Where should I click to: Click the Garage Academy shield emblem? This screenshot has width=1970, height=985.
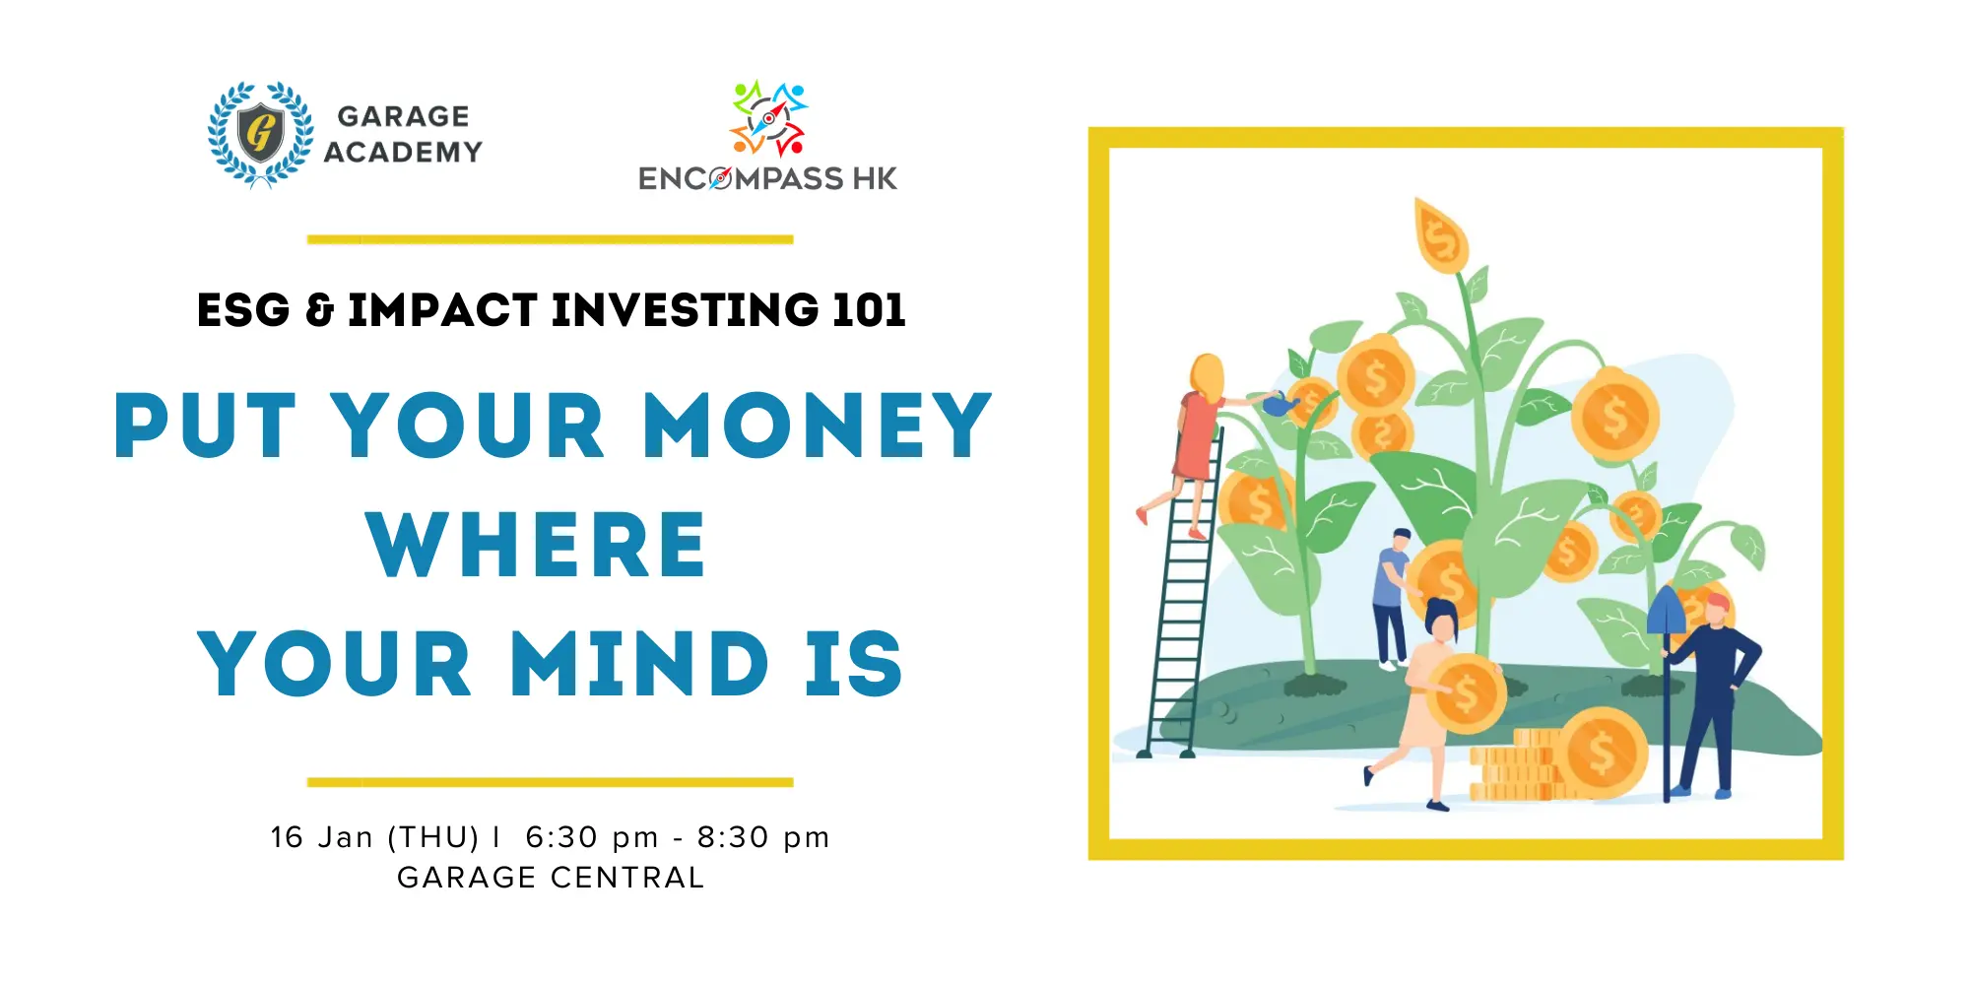point(261,134)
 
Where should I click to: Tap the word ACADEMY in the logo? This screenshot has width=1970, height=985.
point(404,152)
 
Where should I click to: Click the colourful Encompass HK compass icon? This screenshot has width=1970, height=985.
point(769,119)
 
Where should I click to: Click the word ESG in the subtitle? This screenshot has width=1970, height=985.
point(243,310)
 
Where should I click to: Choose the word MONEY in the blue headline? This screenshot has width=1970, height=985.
point(817,426)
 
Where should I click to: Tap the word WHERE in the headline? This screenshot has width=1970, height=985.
point(537,544)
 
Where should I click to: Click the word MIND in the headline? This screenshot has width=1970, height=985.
point(639,663)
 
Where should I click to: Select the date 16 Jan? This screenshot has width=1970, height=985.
point(322,837)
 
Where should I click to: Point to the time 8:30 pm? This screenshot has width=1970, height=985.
point(763,838)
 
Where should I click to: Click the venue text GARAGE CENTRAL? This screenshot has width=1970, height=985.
point(551,878)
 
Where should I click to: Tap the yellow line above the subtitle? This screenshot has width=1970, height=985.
point(550,239)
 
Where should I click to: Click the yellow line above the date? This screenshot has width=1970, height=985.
point(550,783)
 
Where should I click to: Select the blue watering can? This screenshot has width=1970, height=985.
point(1280,403)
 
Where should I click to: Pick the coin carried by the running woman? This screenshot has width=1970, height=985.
point(1466,693)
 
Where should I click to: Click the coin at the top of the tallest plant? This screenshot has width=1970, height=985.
point(1441,236)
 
